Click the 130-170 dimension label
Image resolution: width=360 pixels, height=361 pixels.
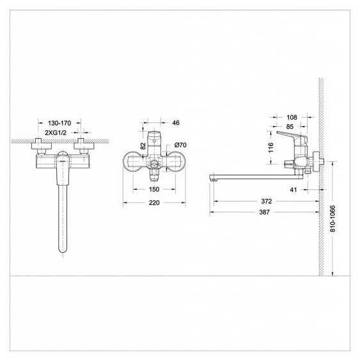click(59, 123)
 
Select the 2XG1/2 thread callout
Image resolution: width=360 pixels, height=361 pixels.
click(56, 132)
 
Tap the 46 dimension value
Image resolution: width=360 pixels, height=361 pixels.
click(176, 123)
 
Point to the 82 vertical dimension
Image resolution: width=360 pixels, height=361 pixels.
click(143, 146)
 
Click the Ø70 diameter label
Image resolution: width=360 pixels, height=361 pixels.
click(180, 145)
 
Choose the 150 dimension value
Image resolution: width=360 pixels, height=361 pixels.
click(154, 189)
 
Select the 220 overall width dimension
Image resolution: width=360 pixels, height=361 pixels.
click(154, 203)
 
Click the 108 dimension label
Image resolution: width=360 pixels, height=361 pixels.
click(292, 117)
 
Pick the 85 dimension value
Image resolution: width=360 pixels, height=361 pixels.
click(290, 127)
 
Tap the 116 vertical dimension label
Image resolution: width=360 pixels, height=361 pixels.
click(271, 147)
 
